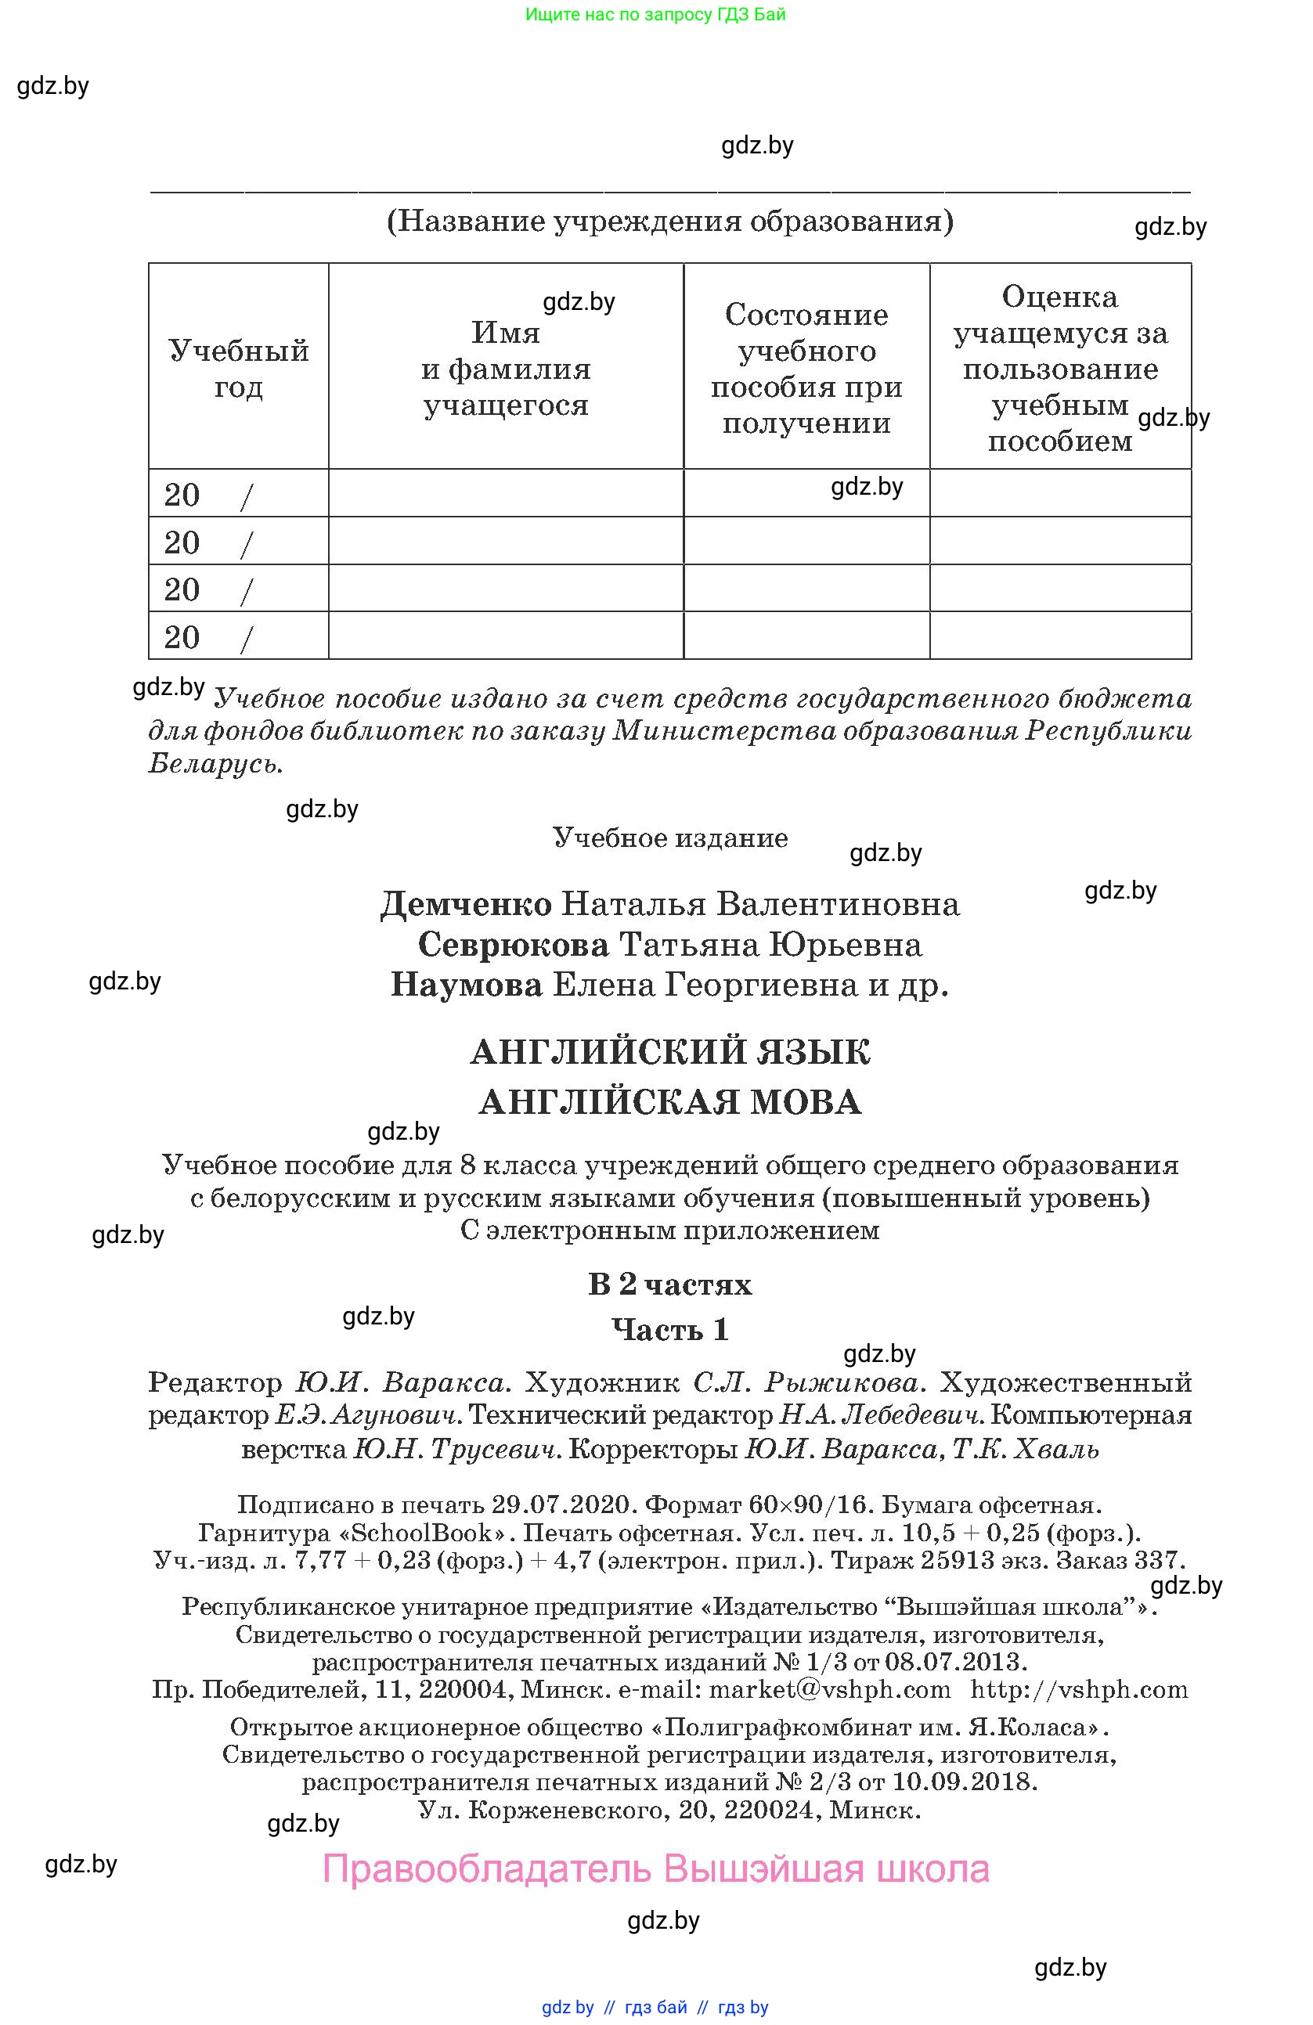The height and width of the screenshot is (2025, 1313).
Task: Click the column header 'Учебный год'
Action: coord(238,369)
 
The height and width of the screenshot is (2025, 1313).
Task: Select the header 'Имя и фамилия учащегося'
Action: coord(506,369)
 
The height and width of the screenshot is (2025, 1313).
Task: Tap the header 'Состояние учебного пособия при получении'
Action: coord(806,369)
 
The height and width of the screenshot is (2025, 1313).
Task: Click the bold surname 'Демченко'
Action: coord(466,904)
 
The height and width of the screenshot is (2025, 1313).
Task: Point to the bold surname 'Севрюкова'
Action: coord(513,946)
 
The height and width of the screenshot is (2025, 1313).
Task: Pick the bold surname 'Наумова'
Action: coord(467,985)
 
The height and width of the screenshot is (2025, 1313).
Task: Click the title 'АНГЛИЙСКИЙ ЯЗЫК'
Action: coord(669,1053)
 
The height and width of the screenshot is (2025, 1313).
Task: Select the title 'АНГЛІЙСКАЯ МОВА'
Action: coord(669,1103)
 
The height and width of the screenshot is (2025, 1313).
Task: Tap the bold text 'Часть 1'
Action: coord(669,1329)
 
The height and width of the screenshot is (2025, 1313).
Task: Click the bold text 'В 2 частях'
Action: coord(669,1284)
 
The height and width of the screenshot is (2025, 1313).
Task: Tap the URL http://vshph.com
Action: coord(1079,1690)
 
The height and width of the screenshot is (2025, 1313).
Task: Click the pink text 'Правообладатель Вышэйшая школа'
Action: coord(656,1869)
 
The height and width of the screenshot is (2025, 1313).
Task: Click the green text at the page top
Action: coord(655,14)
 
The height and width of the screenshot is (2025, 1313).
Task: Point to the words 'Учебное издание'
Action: coord(669,838)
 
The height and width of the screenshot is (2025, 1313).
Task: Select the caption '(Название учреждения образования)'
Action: coord(669,222)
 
